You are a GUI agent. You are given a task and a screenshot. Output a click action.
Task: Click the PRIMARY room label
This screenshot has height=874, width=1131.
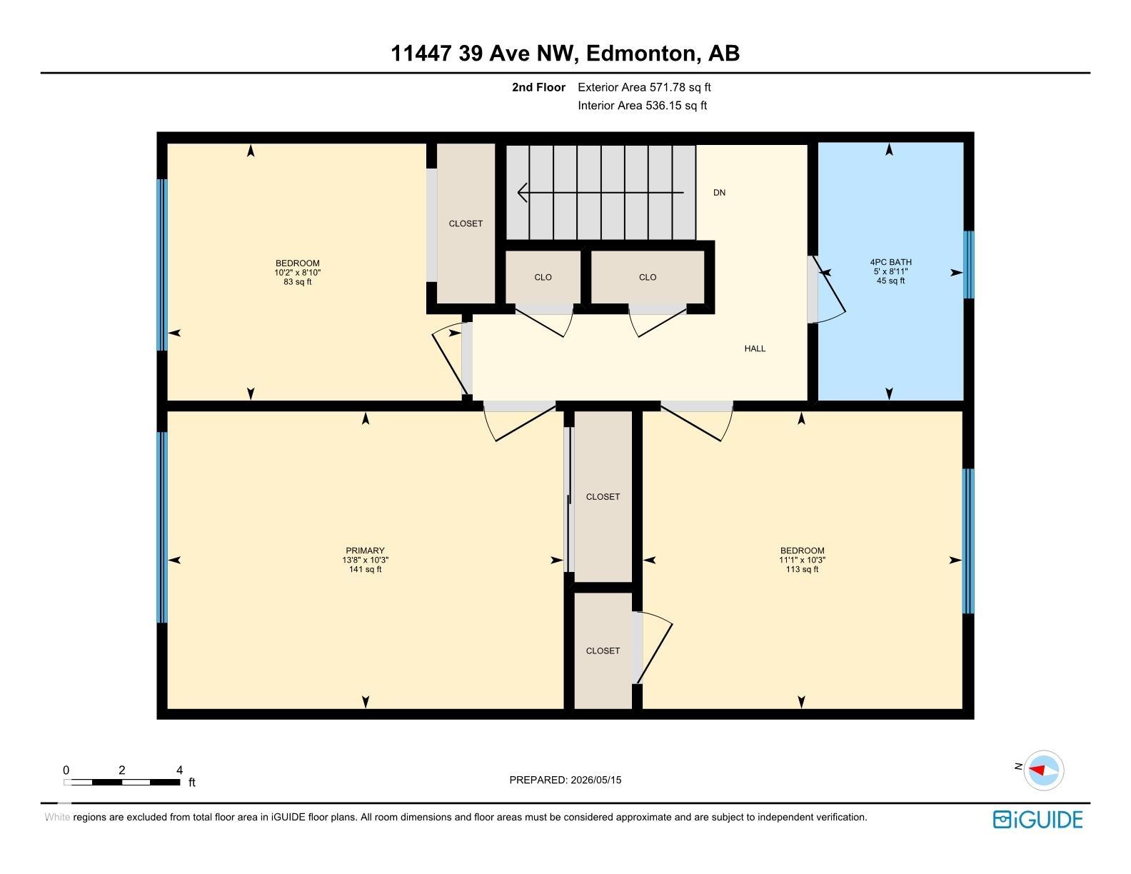365,551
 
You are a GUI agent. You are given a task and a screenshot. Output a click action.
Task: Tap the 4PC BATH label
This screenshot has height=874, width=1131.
890,262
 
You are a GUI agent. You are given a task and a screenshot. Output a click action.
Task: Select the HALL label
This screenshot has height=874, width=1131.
755,348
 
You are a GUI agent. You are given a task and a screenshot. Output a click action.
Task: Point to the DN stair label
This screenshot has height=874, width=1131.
719,193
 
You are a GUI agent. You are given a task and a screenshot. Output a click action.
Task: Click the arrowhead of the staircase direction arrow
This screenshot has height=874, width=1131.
522,193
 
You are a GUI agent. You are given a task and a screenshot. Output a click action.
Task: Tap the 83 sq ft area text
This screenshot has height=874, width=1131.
298,281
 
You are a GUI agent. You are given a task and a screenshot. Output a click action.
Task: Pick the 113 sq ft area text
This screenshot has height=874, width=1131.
802,569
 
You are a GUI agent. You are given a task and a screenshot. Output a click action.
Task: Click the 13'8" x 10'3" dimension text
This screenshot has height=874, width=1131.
365,560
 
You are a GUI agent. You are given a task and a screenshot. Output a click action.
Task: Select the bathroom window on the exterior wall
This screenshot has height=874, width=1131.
968,264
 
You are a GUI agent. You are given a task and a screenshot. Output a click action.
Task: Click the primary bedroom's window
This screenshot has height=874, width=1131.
162,527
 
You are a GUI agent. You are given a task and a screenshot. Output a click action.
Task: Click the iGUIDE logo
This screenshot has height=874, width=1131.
1037,819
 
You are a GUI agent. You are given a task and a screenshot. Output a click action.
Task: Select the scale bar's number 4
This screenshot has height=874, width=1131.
179,769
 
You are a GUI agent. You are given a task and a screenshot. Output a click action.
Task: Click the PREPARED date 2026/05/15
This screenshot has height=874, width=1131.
596,780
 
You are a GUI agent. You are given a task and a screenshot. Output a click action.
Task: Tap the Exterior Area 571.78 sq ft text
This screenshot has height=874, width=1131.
644,87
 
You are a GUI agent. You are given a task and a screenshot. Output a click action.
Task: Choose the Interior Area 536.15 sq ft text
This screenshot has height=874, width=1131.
643,105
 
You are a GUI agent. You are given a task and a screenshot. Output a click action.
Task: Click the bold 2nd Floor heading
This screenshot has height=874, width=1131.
538,87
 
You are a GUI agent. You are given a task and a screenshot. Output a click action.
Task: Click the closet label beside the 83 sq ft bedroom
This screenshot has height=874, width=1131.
466,223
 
